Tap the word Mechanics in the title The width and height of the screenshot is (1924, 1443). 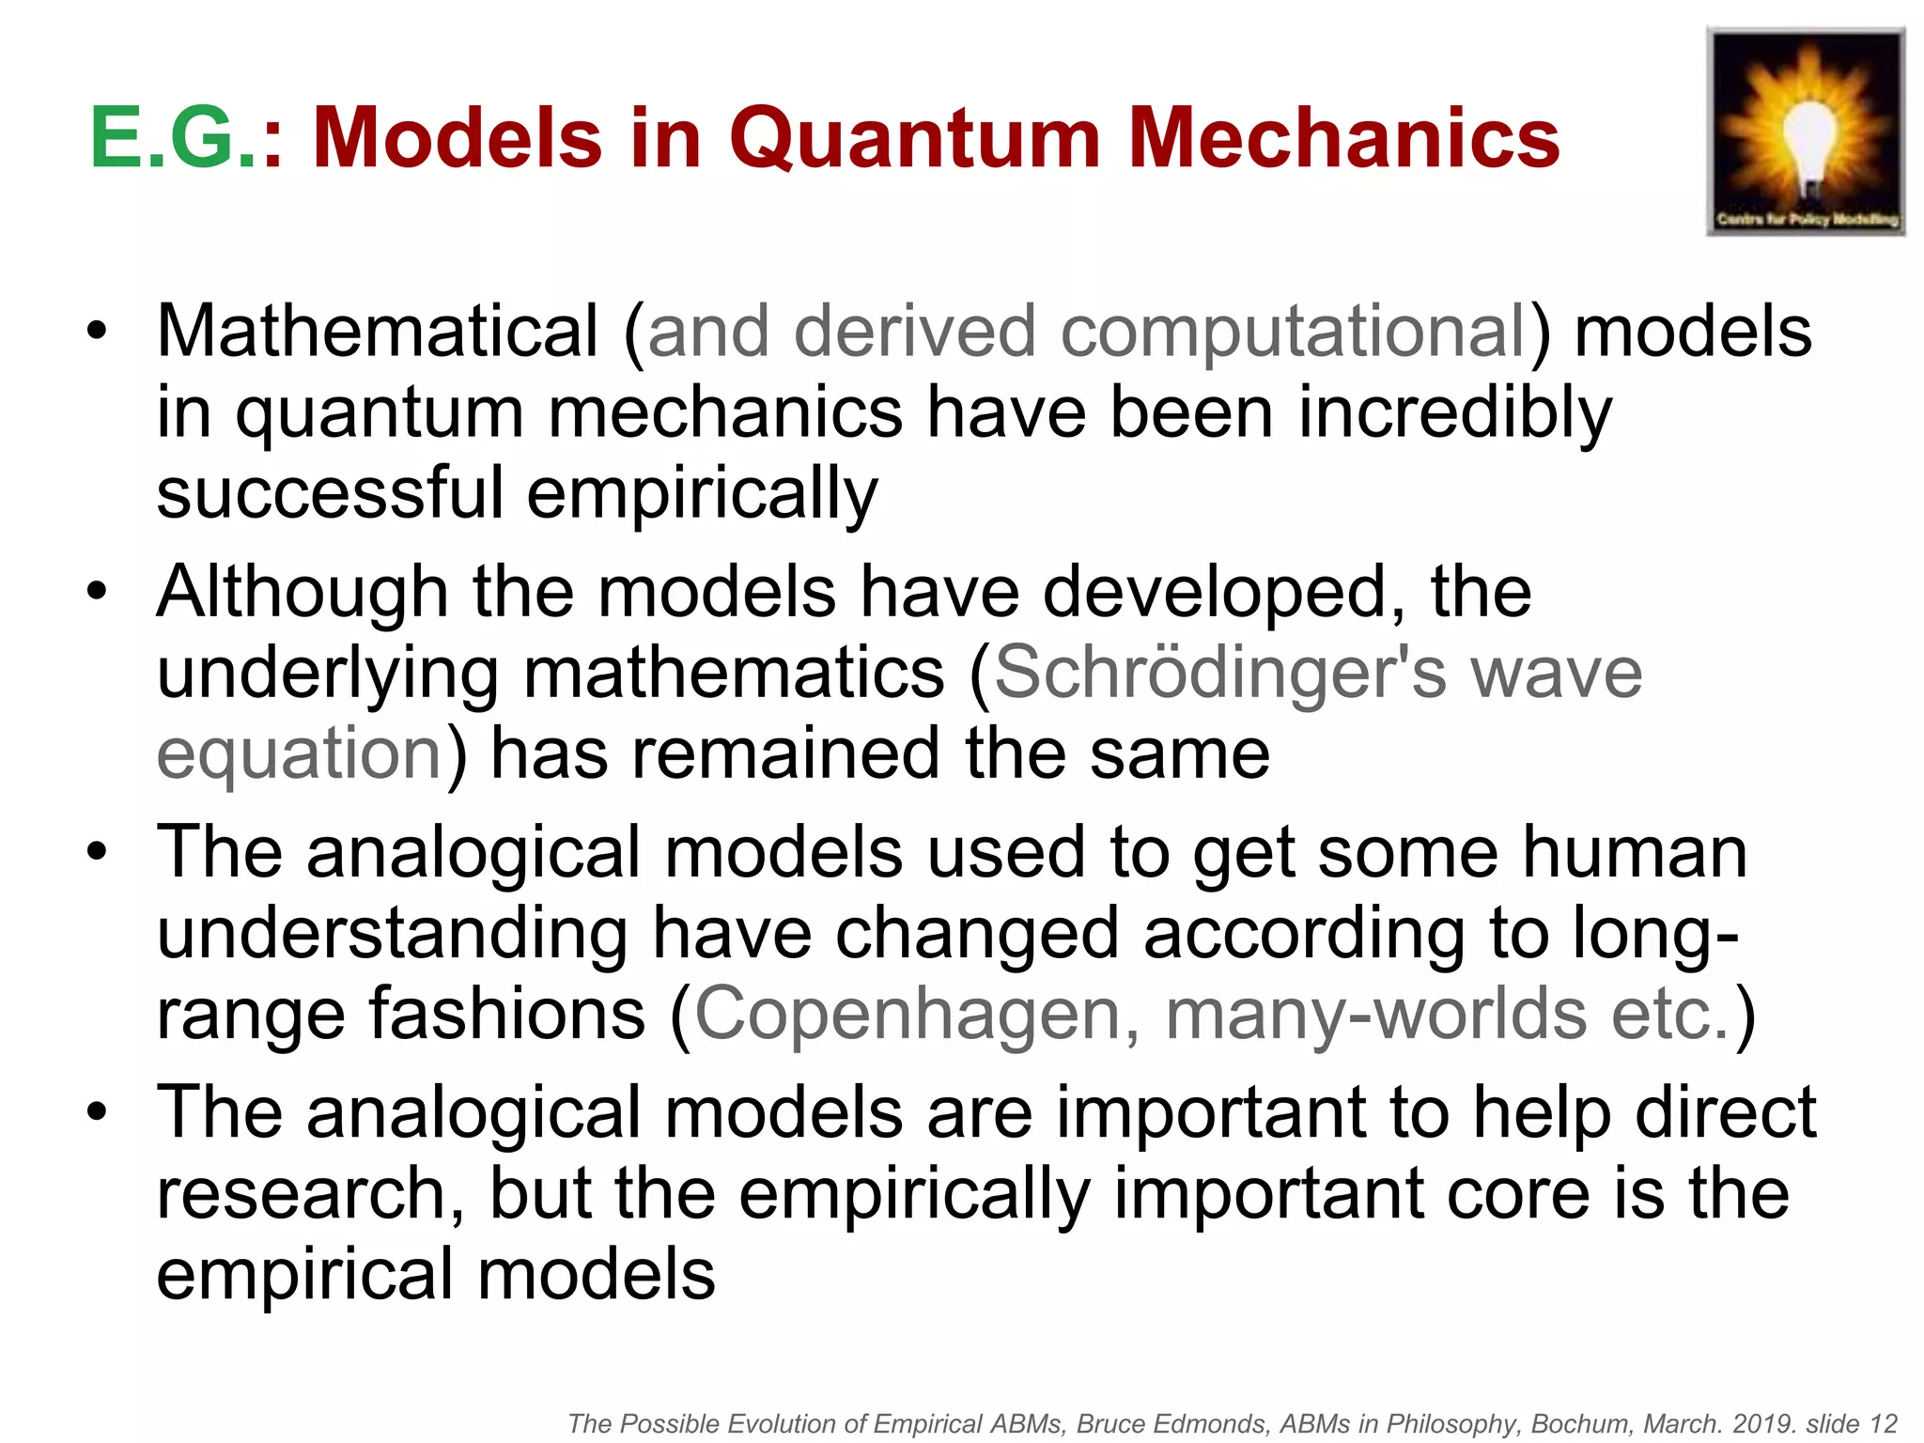[x=1342, y=138]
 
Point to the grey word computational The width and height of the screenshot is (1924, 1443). [x=1293, y=334]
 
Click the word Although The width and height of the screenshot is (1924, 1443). [x=303, y=594]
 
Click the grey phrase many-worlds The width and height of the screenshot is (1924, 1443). [x=1376, y=1015]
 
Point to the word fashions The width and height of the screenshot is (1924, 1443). [x=506, y=1015]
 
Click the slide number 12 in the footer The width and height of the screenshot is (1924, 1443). [x=1884, y=1423]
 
